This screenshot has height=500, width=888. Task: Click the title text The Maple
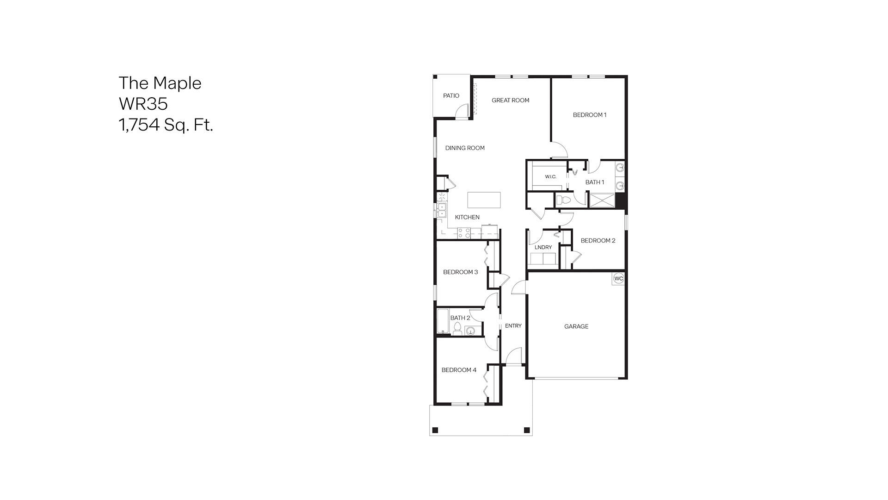[160, 83]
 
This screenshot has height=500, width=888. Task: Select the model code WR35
[143, 104]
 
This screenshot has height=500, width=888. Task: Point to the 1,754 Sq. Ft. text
[166, 125]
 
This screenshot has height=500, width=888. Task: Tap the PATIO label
[451, 96]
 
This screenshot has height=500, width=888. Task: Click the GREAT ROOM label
[510, 100]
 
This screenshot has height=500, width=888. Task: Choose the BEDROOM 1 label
[589, 115]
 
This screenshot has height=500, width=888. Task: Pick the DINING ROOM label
[465, 148]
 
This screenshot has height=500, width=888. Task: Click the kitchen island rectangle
[484, 200]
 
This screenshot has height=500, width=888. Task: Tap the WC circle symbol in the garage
[618, 279]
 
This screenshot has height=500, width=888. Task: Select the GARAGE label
[576, 327]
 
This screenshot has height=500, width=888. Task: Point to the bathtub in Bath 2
[441, 321]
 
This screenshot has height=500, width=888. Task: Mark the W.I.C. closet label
[550, 177]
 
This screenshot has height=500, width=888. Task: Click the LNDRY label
[543, 248]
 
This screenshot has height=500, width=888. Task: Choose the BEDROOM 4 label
[459, 370]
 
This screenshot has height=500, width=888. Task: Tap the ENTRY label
[513, 326]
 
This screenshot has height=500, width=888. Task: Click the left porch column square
[435, 431]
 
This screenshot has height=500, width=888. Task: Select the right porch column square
[526, 431]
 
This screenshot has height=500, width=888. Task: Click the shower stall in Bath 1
[602, 200]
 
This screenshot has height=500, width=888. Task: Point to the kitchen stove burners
[464, 233]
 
